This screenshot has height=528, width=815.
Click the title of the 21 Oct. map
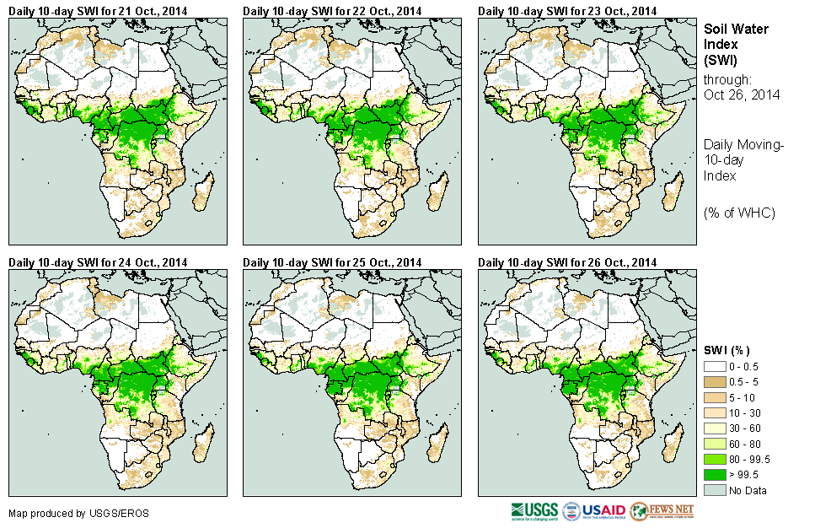pyautogui.click(x=98, y=10)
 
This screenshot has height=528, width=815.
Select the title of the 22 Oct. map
pyautogui.click(x=332, y=10)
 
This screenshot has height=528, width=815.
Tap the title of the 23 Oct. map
pyautogui.click(x=567, y=10)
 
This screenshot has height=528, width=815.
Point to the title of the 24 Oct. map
pyautogui.click(x=98, y=261)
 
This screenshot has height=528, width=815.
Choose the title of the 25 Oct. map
pyautogui.click(x=332, y=261)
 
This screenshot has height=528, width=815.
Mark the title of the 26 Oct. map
pyautogui.click(x=567, y=261)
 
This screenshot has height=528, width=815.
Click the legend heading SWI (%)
pyautogui.click(x=727, y=350)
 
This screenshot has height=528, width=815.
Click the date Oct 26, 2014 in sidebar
pyautogui.click(x=742, y=94)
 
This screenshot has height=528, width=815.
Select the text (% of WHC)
pyautogui.click(x=739, y=213)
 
